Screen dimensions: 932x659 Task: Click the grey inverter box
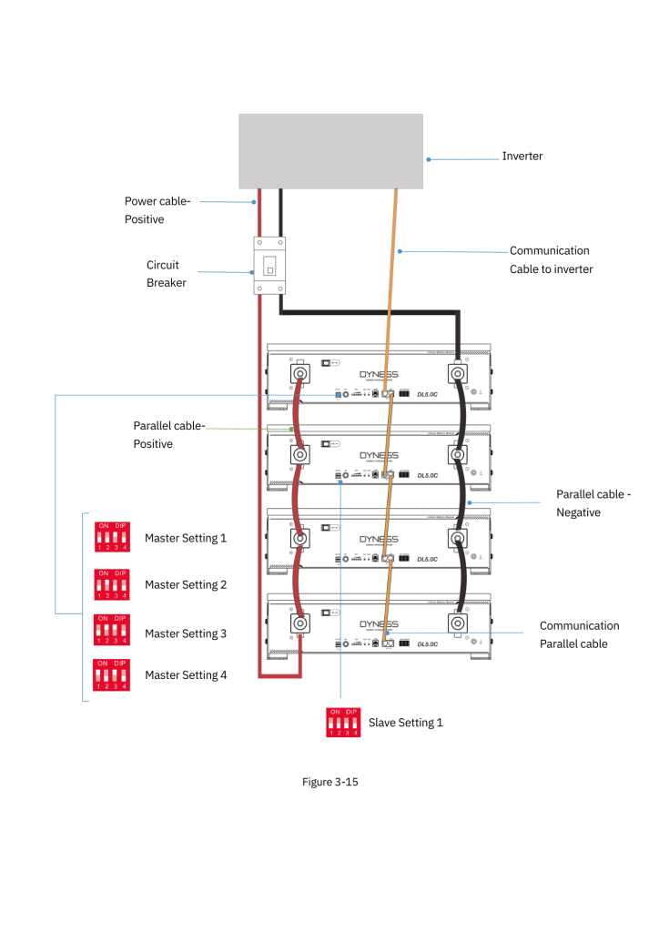(330, 151)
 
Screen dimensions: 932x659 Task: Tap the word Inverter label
(522, 157)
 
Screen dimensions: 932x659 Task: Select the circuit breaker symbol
(269, 266)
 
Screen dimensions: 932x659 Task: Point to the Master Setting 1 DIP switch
(112, 537)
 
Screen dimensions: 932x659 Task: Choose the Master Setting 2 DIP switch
(112, 584)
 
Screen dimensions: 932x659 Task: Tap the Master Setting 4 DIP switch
(112, 675)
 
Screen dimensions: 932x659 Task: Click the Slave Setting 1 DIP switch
(343, 723)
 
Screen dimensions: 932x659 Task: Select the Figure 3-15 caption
(329, 782)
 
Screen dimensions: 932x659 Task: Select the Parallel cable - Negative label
(593, 503)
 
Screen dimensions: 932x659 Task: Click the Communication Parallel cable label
(580, 634)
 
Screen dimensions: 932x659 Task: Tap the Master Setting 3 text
(186, 633)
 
